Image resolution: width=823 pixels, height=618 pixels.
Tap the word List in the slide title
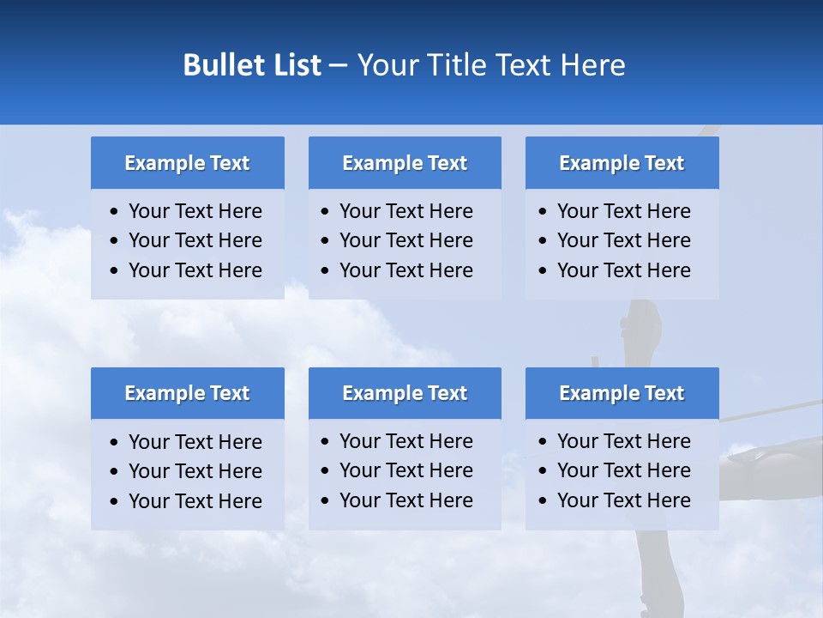(x=295, y=65)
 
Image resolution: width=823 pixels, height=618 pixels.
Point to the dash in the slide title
(x=338, y=66)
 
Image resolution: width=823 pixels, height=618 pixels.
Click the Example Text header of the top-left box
(x=187, y=163)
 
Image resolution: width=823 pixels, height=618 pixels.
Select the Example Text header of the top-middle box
(x=405, y=163)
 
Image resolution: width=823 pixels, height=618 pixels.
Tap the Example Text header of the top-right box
(x=622, y=163)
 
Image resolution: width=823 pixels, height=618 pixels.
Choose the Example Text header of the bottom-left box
(x=187, y=393)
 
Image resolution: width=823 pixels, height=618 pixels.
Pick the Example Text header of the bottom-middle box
(x=405, y=393)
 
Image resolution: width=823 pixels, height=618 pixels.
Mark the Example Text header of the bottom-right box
(x=622, y=393)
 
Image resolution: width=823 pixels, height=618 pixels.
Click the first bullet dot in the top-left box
(x=114, y=212)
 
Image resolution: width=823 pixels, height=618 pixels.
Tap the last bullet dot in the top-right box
(x=543, y=271)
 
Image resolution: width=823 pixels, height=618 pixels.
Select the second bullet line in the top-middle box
(x=405, y=240)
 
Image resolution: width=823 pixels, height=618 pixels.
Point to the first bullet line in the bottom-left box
(x=195, y=442)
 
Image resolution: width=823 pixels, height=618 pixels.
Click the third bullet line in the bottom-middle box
(x=405, y=500)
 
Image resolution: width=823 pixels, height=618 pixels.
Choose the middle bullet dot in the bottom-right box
(x=543, y=471)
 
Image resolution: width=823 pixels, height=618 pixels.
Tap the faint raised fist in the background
(x=642, y=327)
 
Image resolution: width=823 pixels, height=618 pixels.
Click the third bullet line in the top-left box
(x=195, y=270)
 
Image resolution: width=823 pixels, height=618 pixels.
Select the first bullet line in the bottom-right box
(x=623, y=441)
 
